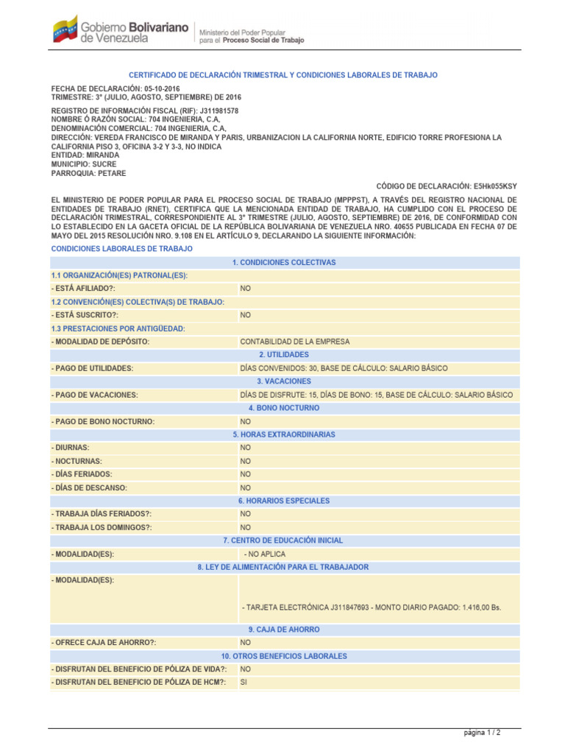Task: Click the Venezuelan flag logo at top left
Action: point(64,29)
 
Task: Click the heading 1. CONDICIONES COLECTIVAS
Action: point(283,262)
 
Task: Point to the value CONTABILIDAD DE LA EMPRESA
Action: point(295,342)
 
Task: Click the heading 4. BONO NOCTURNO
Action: point(283,408)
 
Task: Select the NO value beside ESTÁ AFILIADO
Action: point(246,289)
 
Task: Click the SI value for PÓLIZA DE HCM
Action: point(244,683)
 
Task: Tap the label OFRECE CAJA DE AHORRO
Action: point(104,643)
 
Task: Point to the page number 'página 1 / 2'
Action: point(482,733)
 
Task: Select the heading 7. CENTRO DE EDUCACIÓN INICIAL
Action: point(283,540)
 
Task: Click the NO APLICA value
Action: point(266,554)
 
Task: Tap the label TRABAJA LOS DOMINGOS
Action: point(102,527)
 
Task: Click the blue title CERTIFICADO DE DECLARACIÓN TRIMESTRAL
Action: point(283,75)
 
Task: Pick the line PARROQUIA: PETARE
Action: point(88,173)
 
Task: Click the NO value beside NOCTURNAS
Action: point(246,461)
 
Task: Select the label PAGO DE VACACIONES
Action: point(95,395)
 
